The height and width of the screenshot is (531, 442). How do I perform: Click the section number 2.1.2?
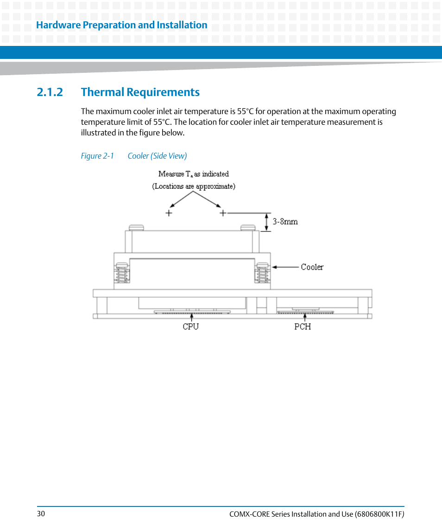(50, 92)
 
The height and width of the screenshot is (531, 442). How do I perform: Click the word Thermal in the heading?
(102, 92)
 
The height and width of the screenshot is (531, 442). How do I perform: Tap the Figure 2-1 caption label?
(97, 156)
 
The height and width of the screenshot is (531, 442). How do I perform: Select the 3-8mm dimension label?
(285, 222)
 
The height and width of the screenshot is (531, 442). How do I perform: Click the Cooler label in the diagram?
(312, 267)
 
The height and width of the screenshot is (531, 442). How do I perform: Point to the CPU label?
(190, 326)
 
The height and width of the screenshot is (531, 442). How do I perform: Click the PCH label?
(303, 326)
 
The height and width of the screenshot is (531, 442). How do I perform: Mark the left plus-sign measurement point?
(169, 213)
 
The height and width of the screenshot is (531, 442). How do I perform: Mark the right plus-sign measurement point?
(223, 213)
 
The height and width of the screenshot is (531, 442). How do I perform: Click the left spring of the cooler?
(122, 273)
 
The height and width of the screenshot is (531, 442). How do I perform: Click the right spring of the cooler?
(262, 273)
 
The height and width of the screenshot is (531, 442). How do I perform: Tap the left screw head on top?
(136, 228)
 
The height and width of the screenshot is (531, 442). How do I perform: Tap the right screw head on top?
(248, 228)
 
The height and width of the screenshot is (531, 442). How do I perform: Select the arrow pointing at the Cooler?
(285, 267)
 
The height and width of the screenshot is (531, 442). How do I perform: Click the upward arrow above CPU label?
(191, 317)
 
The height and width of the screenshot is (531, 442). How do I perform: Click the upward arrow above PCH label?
(305, 317)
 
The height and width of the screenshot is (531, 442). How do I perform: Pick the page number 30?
(41, 514)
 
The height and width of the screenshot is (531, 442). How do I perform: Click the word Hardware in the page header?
(58, 25)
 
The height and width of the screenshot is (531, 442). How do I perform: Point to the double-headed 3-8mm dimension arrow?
(267, 222)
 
